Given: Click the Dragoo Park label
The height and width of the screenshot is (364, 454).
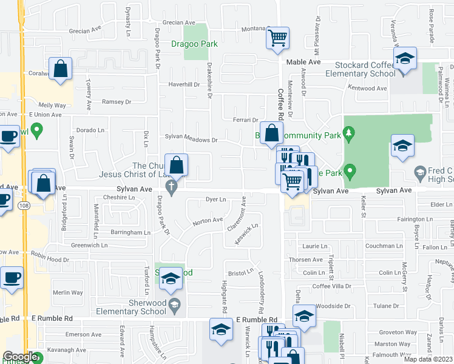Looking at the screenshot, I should (x=194, y=44).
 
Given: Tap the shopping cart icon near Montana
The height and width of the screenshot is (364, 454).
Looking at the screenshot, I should (x=277, y=38).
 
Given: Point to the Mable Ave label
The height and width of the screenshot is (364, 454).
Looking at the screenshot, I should (x=303, y=62).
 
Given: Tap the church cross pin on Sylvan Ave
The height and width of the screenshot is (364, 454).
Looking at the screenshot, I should (x=172, y=190).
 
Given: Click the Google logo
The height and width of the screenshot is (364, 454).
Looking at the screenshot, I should (x=20, y=357).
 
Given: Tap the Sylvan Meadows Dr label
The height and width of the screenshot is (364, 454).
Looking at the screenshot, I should (x=191, y=140).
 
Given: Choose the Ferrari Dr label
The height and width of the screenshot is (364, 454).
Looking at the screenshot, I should (x=246, y=120).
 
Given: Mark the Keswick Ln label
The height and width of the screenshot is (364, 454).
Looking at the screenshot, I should (x=248, y=234).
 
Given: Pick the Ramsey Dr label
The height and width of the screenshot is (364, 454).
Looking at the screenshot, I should (x=116, y=102).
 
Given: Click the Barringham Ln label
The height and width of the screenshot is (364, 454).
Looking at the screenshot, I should (x=130, y=232).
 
